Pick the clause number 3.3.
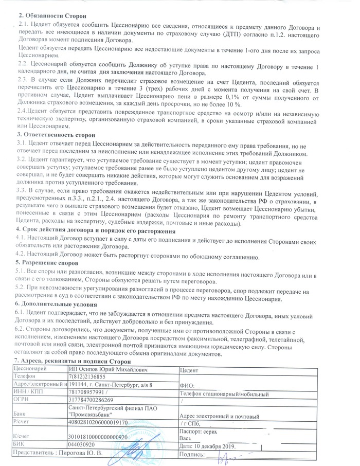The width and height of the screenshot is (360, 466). coord(23,190)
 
